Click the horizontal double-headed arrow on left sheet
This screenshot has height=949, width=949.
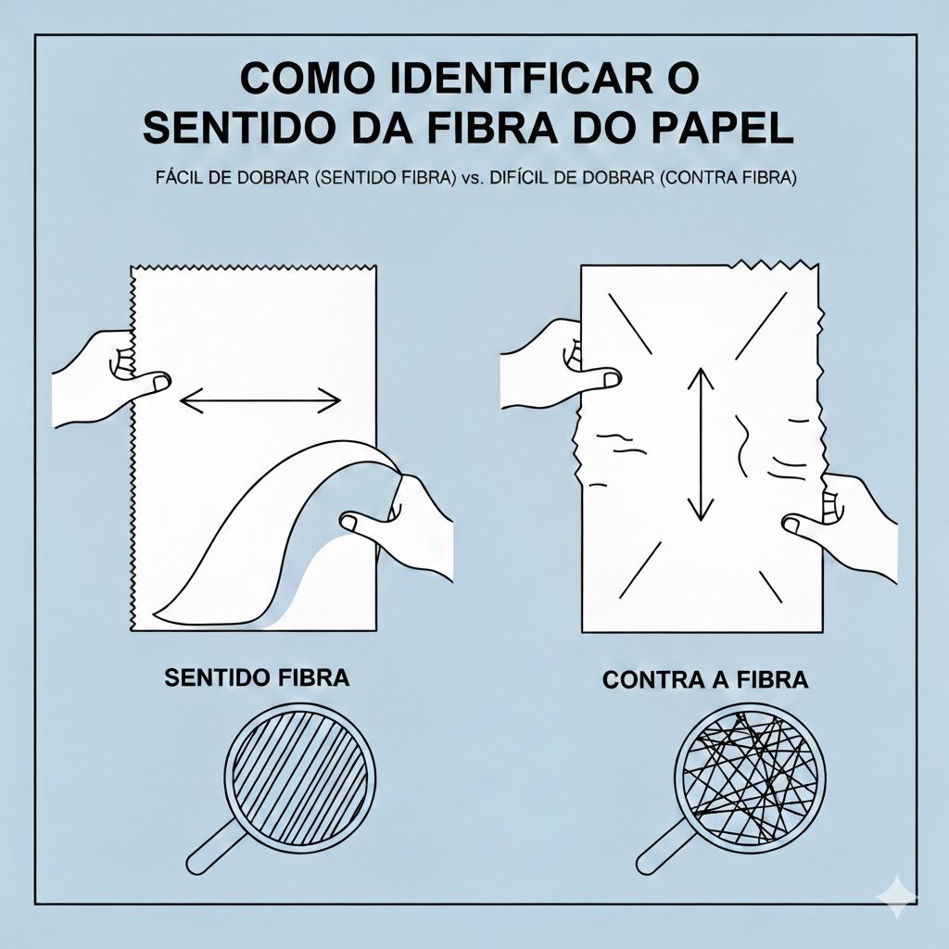[259, 400]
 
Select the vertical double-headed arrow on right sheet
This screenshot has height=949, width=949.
[701, 443]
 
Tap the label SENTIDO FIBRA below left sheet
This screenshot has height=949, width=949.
[257, 677]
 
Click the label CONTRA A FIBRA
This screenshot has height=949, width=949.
[705, 679]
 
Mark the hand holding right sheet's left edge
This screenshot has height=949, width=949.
[551, 361]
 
